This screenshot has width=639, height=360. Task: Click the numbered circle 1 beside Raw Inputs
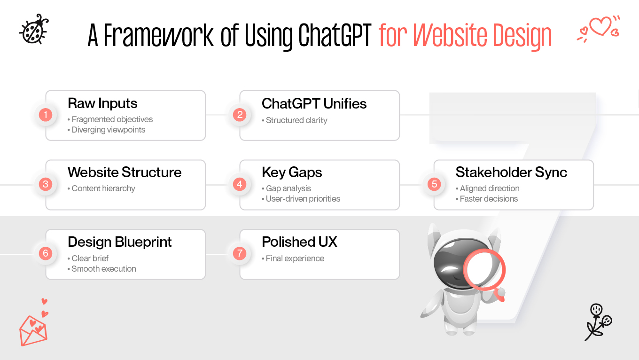click(46, 115)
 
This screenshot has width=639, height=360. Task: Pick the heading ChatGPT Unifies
click(314, 103)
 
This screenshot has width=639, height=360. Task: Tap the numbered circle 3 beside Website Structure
click(46, 184)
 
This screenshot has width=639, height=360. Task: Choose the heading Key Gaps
click(292, 172)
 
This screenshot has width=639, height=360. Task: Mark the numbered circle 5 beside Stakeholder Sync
click(434, 184)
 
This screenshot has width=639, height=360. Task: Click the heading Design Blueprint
click(119, 242)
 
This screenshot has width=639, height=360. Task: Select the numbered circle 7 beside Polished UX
click(240, 254)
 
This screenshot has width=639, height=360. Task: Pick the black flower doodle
click(598, 321)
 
